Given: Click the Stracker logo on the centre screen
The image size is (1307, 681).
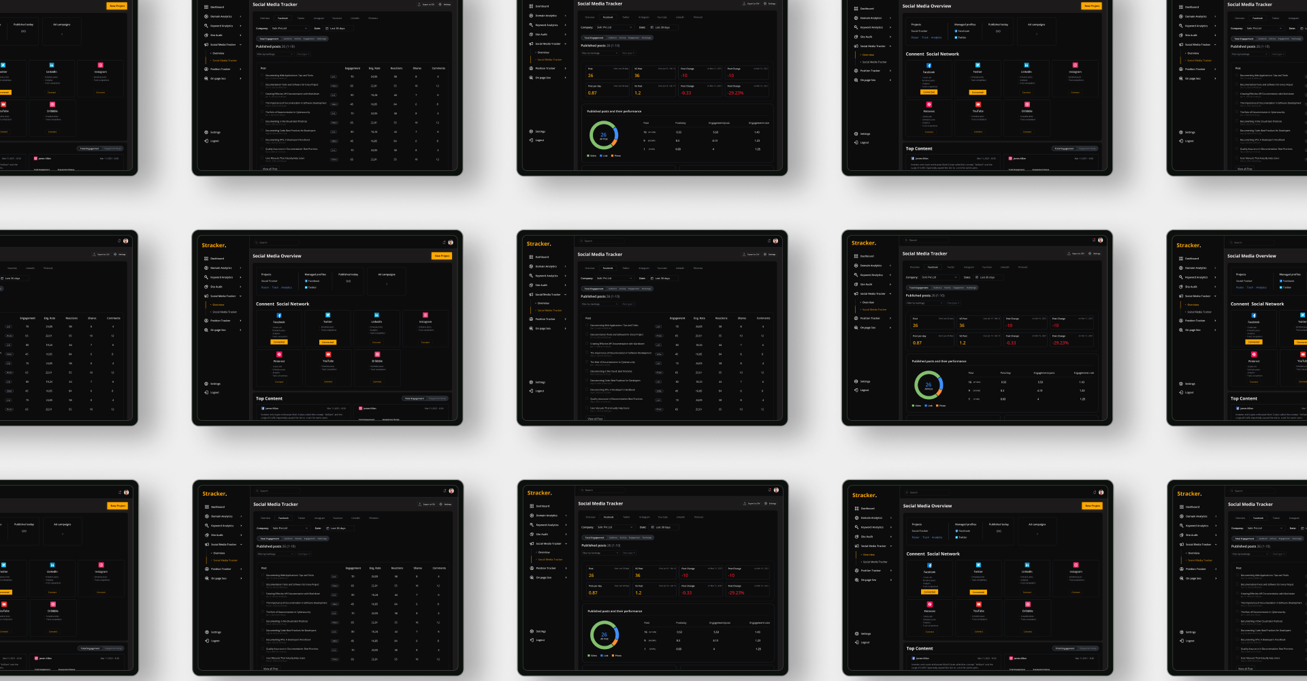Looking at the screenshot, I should (538, 244).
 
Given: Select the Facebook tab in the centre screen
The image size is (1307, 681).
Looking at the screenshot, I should (608, 268).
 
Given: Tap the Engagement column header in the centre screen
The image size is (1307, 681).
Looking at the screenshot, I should (677, 318).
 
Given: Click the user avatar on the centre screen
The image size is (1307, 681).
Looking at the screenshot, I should (775, 241).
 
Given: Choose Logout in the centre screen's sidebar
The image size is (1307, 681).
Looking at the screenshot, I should (540, 391).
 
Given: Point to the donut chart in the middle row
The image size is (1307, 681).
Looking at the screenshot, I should (929, 385).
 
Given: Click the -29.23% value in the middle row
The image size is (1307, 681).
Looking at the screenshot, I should (1060, 343).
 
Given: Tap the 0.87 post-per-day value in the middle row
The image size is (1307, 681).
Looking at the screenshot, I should (917, 343).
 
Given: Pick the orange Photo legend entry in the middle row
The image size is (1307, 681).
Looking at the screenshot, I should (941, 406).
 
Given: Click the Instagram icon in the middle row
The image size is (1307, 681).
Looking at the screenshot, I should (425, 315).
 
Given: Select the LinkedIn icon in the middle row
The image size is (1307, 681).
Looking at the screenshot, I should (376, 315).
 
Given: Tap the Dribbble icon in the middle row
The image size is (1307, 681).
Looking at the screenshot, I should (377, 355).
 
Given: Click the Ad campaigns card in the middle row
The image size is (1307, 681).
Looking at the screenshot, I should (387, 281).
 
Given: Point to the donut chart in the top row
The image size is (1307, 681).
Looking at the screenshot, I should (604, 136).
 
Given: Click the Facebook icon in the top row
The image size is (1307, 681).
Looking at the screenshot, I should (929, 65).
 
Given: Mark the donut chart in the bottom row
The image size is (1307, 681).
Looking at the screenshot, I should (604, 635).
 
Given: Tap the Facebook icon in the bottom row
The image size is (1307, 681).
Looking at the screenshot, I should (929, 565).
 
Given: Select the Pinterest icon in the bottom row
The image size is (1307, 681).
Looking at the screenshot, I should (929, 605).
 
